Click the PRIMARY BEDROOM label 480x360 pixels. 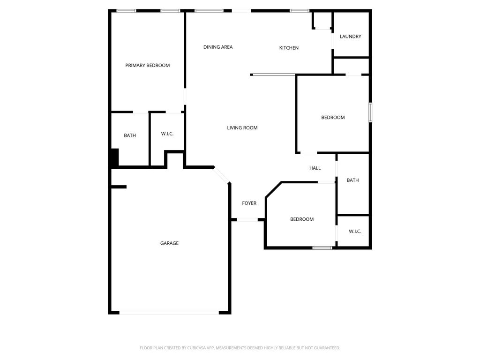(147, 65)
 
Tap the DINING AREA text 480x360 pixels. (218, 47)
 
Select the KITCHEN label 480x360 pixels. (289, 48)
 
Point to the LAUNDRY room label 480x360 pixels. (350, 37)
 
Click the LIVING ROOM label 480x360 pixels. (242, 127)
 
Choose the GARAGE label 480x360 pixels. (169, 243)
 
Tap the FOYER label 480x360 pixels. (249, 203)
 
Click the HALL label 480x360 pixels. (315, 168)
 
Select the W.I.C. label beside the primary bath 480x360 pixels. (167, 134)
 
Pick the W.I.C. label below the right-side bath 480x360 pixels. (355, 232)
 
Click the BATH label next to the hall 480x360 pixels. (352, 180)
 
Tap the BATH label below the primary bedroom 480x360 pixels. (130, 135)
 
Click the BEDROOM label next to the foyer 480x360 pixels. (302, 219)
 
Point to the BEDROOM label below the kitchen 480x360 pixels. (333, 117)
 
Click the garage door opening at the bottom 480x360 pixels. (169, 313)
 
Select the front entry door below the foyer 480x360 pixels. (247, 219)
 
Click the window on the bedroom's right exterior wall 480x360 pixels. (370, 112)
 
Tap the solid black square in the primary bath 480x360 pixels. (114, 157)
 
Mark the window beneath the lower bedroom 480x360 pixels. (322, 247)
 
